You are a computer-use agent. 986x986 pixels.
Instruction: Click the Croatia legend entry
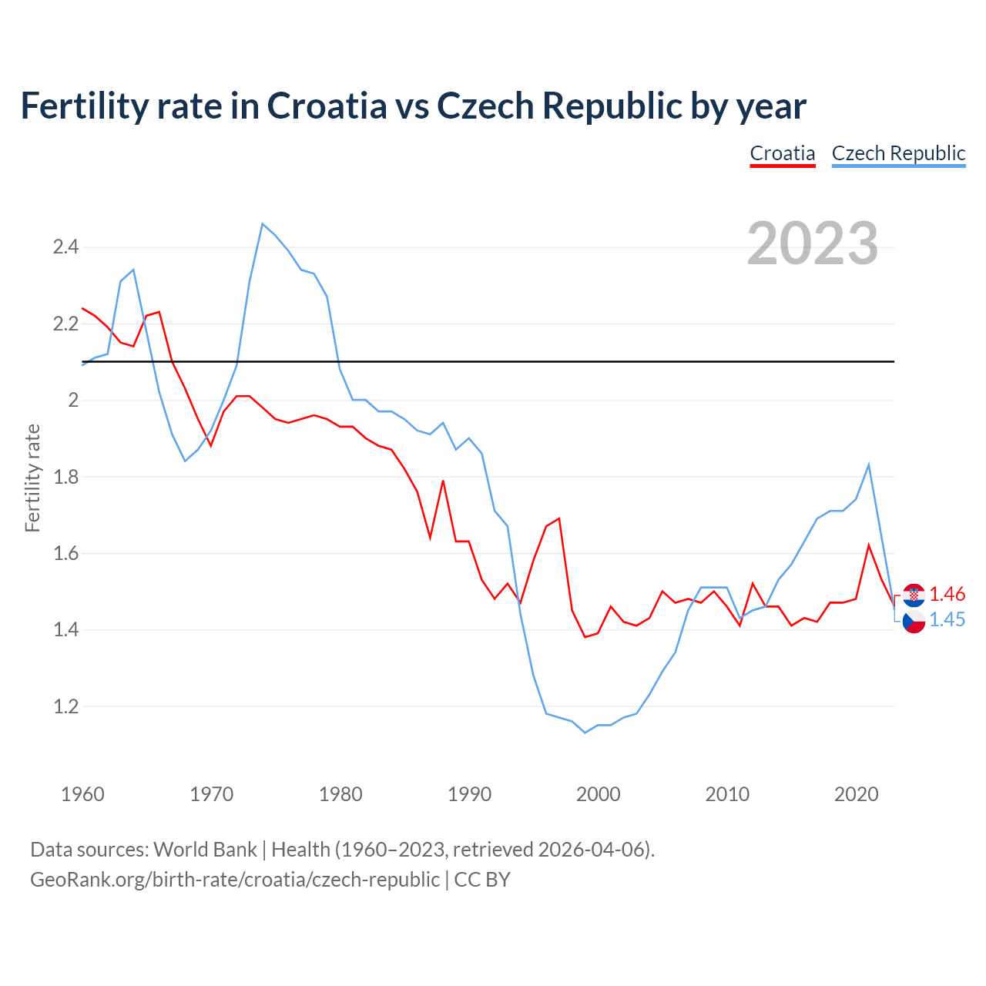783,153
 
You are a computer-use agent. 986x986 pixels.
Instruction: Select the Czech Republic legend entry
898,153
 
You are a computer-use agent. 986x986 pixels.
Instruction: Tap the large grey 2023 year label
813,243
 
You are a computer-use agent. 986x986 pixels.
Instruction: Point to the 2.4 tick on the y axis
65,247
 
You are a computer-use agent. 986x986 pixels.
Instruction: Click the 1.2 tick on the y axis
65,706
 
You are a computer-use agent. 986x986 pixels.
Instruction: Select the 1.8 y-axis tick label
65,477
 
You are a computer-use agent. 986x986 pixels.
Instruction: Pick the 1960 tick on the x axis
82,794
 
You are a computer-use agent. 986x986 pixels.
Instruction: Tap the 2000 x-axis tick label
598,794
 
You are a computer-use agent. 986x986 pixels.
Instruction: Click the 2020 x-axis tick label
856,794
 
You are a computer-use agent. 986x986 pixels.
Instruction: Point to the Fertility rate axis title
32,478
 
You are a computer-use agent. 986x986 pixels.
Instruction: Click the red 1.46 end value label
947,594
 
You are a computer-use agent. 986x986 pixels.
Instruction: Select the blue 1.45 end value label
947,619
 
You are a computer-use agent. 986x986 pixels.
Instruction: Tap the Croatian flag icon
914,595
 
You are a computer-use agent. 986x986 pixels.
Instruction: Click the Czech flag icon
914,621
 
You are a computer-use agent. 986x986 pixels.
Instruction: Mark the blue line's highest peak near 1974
263,224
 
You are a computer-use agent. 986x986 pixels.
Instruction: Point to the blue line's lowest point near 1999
585,733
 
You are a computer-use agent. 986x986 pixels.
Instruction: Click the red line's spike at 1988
443,481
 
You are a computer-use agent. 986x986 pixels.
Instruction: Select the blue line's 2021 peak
869,464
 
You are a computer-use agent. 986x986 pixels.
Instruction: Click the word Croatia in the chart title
327,106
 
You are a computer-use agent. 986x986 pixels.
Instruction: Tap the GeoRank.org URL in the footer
235,879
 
